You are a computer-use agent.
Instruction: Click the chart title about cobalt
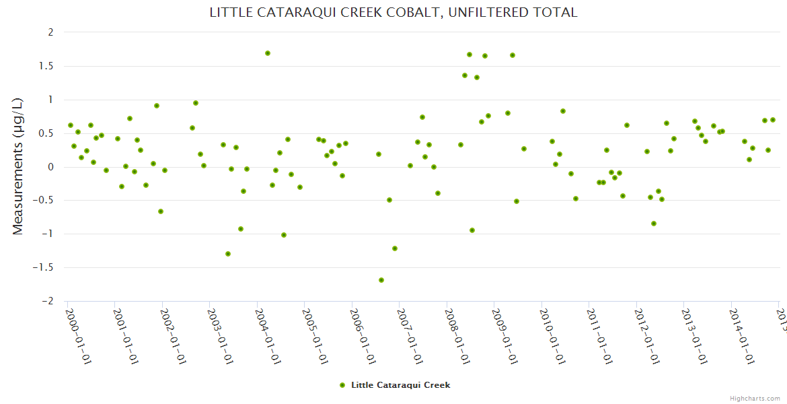394,13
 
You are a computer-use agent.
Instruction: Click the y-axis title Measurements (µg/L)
18,166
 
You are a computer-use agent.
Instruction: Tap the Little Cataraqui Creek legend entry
396,385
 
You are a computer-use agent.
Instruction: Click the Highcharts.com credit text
755,398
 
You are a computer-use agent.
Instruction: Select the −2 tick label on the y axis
47,302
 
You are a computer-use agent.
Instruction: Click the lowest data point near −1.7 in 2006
381,280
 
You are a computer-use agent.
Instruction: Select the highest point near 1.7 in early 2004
268,53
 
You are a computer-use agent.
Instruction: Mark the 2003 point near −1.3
228,254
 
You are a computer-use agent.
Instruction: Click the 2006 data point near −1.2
395,248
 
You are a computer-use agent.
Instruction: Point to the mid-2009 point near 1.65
513,55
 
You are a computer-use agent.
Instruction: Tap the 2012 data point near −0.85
654,224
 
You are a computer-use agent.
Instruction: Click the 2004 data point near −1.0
284,235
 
